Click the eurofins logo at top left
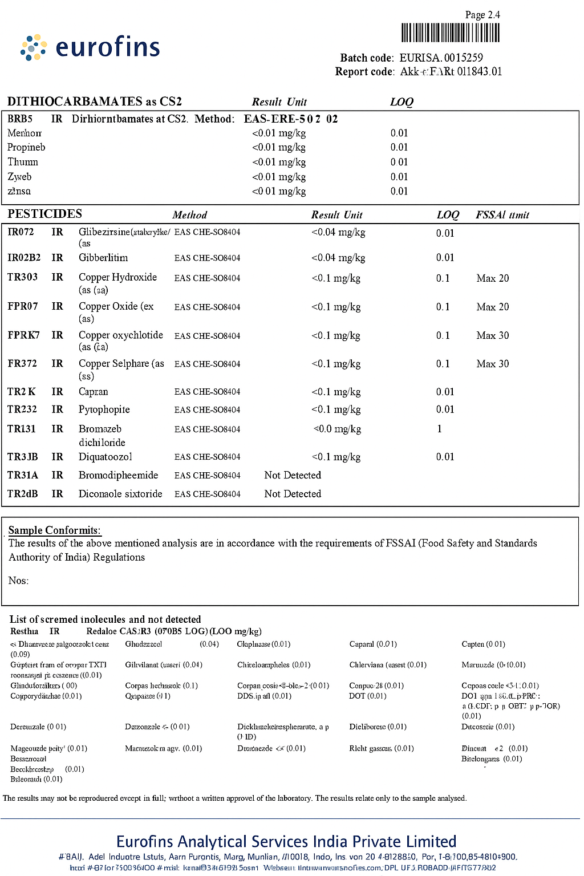pyautogui.click(x=91, y=47)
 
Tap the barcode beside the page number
pyautogui.click(x=451, y=33)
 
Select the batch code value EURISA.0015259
pyautogui.click(x=441, y=58)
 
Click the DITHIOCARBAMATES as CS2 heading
pyautogui.click(x=95, y=102)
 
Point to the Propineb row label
pyautogui.click(x=26, y=147)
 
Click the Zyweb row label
pyautogui.click(x=19, y=177)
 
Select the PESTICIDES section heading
pyautogui.click(x=44, y=214)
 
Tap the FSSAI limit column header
pyautogui.click(x=502, y=215)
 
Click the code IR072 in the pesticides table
pyautogui.click(x=21, y=232)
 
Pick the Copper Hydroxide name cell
pyautogui.click(x=117, y=277)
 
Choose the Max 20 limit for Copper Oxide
pyautogui.click(x=493, y=307)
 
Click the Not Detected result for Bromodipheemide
pyautogui.click(x=293, y=475)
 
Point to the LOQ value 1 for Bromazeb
pyautogui.click(x=439, y=429)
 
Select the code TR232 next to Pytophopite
pyautogui.click(x=22, y=409)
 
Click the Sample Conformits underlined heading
pyautogui.click(x=54, y=530)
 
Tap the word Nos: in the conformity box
pyautogui.click(x=18, y=581)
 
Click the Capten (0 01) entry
pyautogui.click(x=483, y=644)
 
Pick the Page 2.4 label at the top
pyautogui.click(x=482, y=15)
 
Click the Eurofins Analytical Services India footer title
pyautogui.click(x=286, y=842)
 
